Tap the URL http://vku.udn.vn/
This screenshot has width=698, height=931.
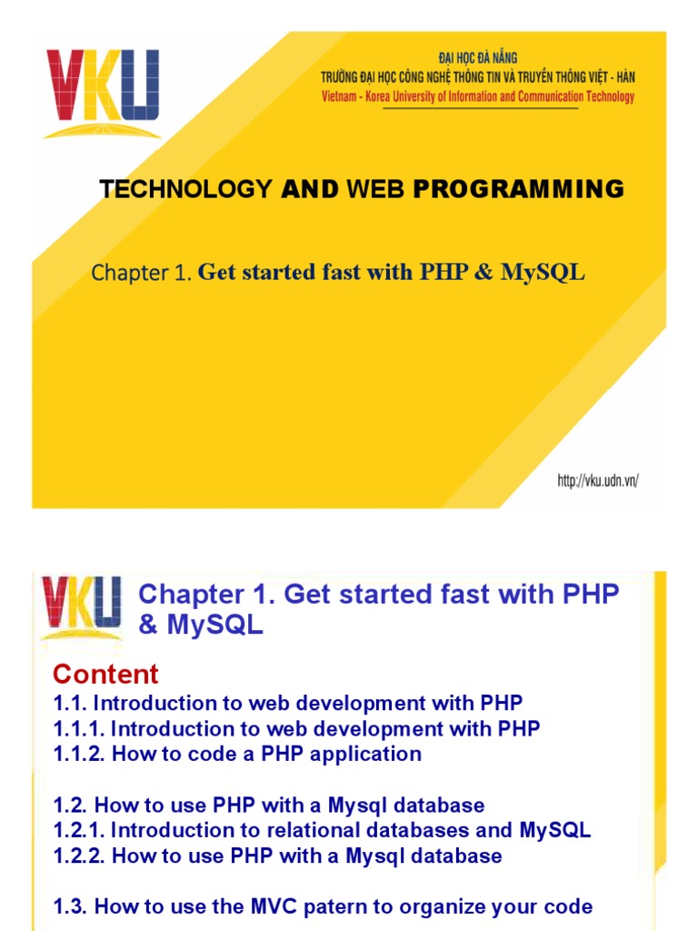pos(597,481)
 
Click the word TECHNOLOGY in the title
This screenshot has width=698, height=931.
pos(185,189)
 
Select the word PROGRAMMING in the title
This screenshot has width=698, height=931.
pos(519,189)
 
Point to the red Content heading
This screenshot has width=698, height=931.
pos(105,675)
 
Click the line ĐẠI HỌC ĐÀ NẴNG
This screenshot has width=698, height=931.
pos(478,58)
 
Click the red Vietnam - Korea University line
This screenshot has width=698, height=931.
pos(478,97)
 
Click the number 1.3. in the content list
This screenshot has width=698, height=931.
pos(71,906)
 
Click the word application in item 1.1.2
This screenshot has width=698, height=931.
pos(371,754)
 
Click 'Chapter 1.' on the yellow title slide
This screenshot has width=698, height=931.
pos(142,275)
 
